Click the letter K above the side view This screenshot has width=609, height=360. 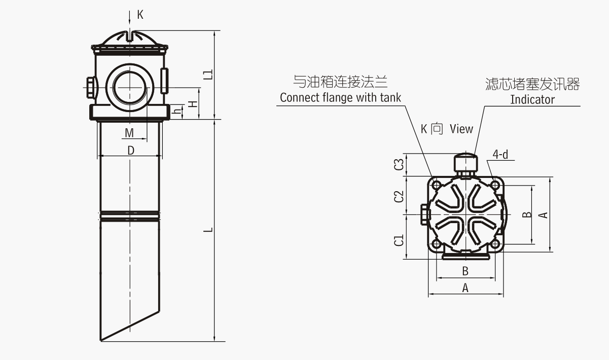(140, 15)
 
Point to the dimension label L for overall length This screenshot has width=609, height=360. (207, 230)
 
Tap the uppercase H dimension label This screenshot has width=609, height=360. (192, 104)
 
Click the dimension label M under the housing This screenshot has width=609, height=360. (130, 133)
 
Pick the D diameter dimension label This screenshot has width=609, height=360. (130, 151)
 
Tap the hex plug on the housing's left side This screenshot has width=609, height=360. (91, 87)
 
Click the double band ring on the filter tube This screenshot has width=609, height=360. (130, 217)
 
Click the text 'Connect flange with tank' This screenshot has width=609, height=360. (340, 97)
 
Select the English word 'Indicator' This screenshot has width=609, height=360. (532, 99)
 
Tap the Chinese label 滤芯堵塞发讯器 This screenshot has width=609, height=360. (532, 84)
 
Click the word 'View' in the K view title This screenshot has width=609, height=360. (461, 129)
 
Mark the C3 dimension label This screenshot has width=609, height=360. (400, 164)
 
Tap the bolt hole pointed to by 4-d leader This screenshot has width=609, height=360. (495, 186)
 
